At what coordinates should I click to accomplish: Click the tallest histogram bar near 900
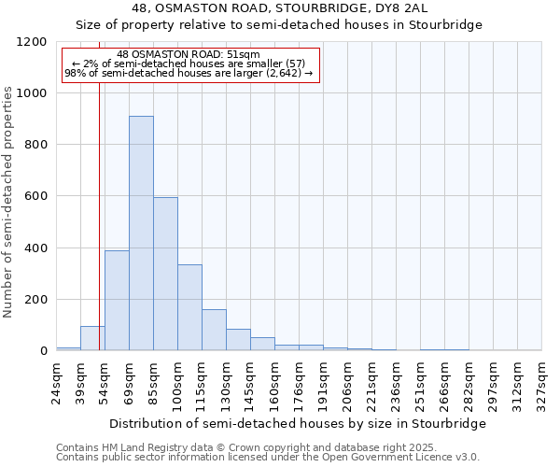click(141, 233)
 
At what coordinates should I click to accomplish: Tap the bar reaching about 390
click(117, 301)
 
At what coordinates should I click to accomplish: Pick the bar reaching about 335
click(189, 307)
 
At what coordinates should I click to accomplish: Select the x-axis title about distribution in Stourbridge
click(298, 424)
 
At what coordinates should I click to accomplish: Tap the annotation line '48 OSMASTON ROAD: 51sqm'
click(189, 54)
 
